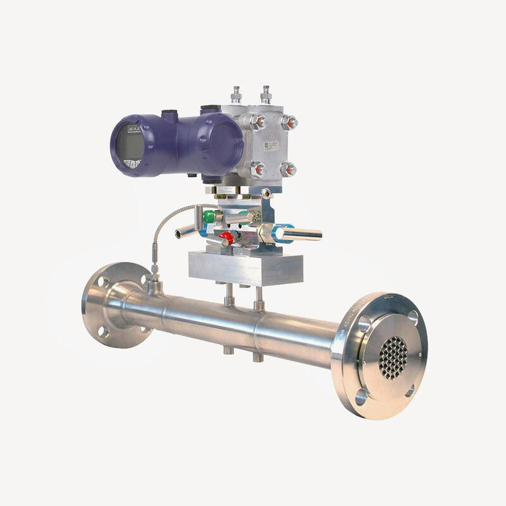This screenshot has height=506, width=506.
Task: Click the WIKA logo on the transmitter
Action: [134, 128]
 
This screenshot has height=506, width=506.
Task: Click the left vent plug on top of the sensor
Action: [237, 94]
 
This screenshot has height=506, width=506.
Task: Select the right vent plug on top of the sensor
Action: [266, 94]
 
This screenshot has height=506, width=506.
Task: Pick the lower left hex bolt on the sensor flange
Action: [256, 169]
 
